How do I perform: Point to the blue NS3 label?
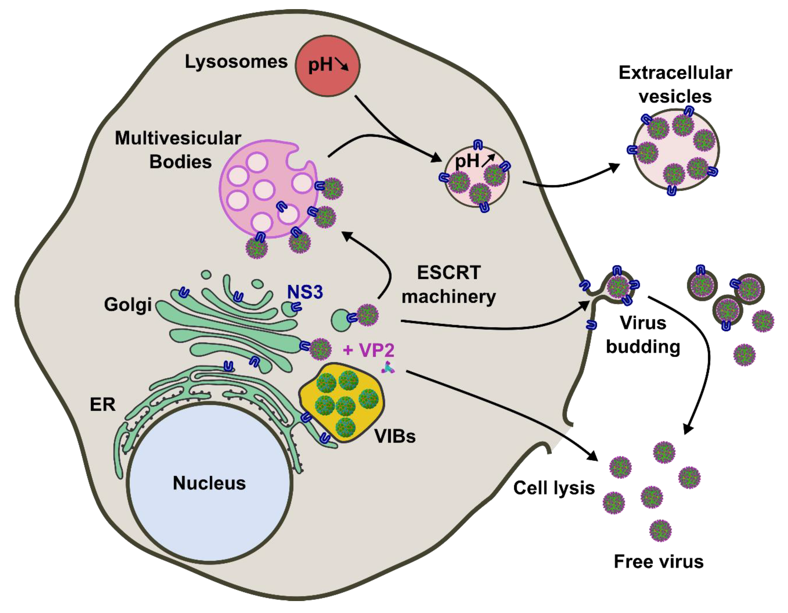tap(305, 292)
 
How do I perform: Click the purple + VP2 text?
tap(368, 350)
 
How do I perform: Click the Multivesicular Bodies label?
tap(179, 150)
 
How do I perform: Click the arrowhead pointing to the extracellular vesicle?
tap(613, 167)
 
